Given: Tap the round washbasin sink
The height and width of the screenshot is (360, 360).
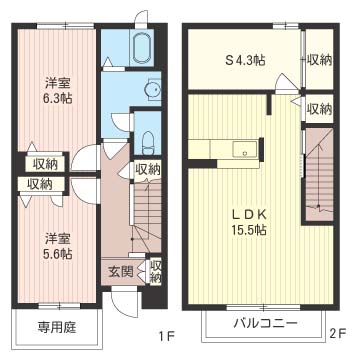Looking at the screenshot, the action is (x=152, y=88).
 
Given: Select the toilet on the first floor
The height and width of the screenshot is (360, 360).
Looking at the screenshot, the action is (x=147, y=143).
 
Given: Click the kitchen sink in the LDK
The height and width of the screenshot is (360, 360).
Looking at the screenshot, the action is (x=245, y=148).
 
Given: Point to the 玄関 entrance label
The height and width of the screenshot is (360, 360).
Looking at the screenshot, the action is (x=121, y=272).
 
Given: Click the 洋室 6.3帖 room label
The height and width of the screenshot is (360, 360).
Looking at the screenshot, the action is (x=58, y=90).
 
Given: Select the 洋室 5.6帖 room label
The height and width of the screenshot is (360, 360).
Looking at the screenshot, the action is (x=58, y=247).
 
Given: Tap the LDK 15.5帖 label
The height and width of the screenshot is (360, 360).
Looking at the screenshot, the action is (x=249, y=222).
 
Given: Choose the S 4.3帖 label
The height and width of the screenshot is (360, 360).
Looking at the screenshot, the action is (x=245, y=60).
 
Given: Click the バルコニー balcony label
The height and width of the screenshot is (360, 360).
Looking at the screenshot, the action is (x=265, y=323).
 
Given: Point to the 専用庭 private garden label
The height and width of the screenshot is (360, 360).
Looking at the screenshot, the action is (x=57, y=327).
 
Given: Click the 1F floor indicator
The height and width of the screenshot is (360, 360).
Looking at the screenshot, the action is (x=166, y=335).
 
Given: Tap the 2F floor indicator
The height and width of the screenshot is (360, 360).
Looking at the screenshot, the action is (x=338, y=333).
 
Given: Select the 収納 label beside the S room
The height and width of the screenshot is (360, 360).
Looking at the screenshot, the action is (x=319, y=60).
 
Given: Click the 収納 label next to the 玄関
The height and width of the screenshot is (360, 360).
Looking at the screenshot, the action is (x=155, y=272).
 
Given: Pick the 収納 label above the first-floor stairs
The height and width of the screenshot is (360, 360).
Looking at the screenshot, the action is (x=147, y=170).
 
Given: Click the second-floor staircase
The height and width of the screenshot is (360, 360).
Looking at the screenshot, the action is (x=319, y=174).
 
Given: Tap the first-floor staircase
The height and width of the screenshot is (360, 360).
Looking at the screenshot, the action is (x=147, y=217).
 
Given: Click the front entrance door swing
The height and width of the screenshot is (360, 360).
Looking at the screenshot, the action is (x=124, y=302).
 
